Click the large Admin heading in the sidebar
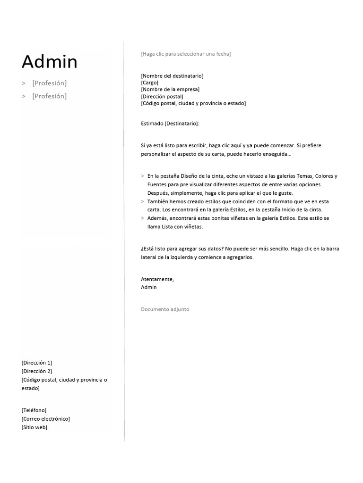click(50, 62)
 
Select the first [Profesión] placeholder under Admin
click(49, 83)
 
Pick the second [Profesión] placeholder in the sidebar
click(49, 96)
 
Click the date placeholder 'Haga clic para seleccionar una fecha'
click(186, 54)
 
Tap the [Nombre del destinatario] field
click(172, 75)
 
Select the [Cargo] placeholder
click(149, 83)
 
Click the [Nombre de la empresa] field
click(170, 89)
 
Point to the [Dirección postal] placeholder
click(162, 96)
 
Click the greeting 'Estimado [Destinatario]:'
click(170, 124)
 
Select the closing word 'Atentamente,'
click(157, 279)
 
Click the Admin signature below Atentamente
click(148, 287)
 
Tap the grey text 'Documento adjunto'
click(165, 309)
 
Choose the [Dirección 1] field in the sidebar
click(37, 363)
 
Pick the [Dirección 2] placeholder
click(37, 371)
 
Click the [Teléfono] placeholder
click(34, 410)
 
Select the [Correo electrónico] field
click(45, 419)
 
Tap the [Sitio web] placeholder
click(34, 427)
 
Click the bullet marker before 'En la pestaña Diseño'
click(142, 176)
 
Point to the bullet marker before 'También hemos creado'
click(142, 201)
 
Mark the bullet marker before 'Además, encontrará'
click(142, 218)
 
